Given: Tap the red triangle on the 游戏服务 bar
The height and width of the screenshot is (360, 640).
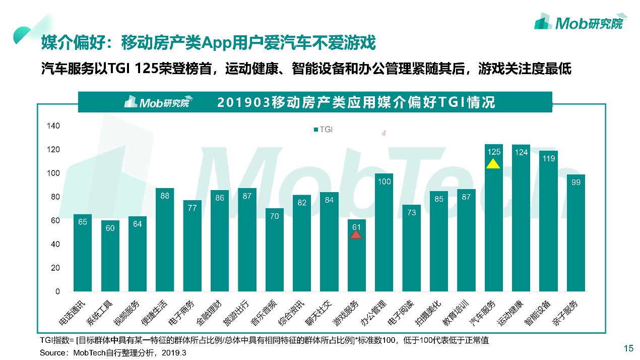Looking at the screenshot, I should click(356, 233).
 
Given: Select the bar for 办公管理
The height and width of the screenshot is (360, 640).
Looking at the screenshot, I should click(384, 232).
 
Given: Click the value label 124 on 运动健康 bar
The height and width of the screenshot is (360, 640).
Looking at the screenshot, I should click(521, 152).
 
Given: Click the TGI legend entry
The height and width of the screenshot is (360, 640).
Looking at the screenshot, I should click(323, 130).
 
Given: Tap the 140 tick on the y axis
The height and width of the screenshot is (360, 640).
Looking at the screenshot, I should click(54, 126).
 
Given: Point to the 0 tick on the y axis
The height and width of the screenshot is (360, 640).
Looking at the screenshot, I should click(57, 291).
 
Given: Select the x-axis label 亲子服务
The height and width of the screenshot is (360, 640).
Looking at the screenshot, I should click(566, 313).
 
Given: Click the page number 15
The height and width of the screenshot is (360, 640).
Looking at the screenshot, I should click(628, 348).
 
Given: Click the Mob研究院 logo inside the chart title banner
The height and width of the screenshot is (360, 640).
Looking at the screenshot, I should click(157, 102).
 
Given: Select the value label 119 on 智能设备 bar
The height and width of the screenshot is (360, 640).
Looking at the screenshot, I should click(548, 158).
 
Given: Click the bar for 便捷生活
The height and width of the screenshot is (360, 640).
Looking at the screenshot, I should click(165, 240).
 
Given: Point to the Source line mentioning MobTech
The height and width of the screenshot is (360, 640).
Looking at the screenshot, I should click(113, 353).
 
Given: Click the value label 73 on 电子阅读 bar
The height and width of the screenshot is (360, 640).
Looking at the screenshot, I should click(412, 212).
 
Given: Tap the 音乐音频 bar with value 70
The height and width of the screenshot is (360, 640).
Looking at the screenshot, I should click(275, 250).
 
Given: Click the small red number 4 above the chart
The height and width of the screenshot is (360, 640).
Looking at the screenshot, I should click(383, 134).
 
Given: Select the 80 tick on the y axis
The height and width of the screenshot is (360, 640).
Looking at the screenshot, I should click(55, 197).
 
